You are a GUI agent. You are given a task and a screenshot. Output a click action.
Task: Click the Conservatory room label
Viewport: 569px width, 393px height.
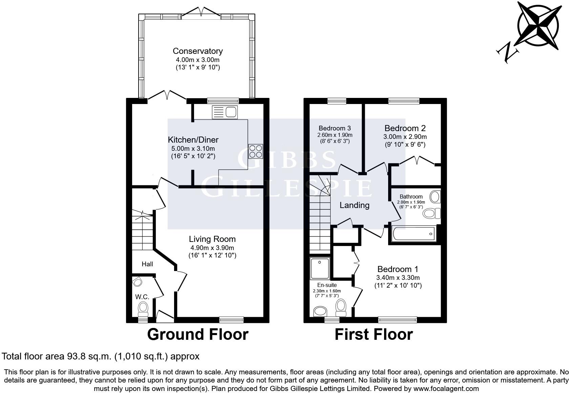pos(197,51)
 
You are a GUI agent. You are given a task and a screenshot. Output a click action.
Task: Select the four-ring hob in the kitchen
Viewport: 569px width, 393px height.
pos(255,151)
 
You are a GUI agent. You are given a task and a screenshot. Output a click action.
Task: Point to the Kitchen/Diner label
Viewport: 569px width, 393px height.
pos(193,140)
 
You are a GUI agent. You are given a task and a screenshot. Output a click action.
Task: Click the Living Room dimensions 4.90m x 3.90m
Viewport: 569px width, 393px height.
pos(212,248)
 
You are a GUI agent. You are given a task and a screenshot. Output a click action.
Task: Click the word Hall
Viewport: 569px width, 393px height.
pos(147,264)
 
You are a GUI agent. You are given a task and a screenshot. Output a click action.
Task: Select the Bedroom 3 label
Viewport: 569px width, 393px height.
pos(335,128)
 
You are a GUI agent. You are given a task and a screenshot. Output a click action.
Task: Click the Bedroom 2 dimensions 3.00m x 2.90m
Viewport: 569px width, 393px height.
pos(405,137)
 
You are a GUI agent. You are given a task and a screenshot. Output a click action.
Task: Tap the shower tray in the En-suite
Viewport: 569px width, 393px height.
pos(319,268)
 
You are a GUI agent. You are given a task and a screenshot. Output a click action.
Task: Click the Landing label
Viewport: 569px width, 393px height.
pos(354,205)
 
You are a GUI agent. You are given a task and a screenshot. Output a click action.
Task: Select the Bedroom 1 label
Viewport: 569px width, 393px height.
pos(398,269)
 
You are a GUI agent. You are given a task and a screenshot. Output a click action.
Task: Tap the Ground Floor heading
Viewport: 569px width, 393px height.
pos(197,334)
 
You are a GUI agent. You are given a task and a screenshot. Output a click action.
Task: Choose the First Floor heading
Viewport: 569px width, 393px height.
pos(374,334)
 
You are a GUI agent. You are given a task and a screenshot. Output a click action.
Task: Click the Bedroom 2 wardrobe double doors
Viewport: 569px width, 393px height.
pos(417,160)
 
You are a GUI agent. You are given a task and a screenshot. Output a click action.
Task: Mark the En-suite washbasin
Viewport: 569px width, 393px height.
pos(319,311)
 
